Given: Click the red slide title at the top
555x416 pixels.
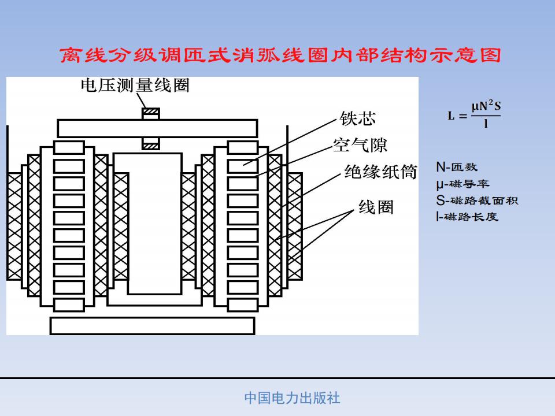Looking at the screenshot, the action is pos(280,55).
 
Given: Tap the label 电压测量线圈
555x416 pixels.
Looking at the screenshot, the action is pos(135,86).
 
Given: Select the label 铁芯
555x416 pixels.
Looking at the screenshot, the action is pos(357,118).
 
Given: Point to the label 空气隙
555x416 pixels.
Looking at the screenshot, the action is pos(360,146).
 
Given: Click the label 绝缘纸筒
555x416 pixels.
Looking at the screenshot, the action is pos(381,172).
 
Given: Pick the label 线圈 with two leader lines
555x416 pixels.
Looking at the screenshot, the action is pos(376,207).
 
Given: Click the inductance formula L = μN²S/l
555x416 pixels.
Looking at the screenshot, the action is pos(474,114).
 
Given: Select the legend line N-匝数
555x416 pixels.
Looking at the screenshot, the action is pos(457,166).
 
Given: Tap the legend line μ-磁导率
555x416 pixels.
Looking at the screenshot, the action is pos(462,184).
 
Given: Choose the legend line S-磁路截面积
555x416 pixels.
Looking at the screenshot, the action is pos(477,200).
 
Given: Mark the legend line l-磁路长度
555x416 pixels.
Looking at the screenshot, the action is pos(467,217).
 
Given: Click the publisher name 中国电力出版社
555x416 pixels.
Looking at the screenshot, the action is pos(293,398).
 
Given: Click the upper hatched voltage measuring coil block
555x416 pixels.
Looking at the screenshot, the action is pos(151,114).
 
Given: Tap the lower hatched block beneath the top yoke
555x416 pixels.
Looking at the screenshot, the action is pos(151,144).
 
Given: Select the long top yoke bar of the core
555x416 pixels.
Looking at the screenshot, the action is pos(157,128).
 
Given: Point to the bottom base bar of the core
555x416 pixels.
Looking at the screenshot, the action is pos(152,326).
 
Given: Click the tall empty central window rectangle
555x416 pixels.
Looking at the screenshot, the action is pos(155,224).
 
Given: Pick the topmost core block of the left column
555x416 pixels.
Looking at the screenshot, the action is pos(69,147).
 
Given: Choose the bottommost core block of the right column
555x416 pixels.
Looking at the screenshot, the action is pos(242,305).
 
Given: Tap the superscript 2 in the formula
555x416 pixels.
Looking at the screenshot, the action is pos(491,103).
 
